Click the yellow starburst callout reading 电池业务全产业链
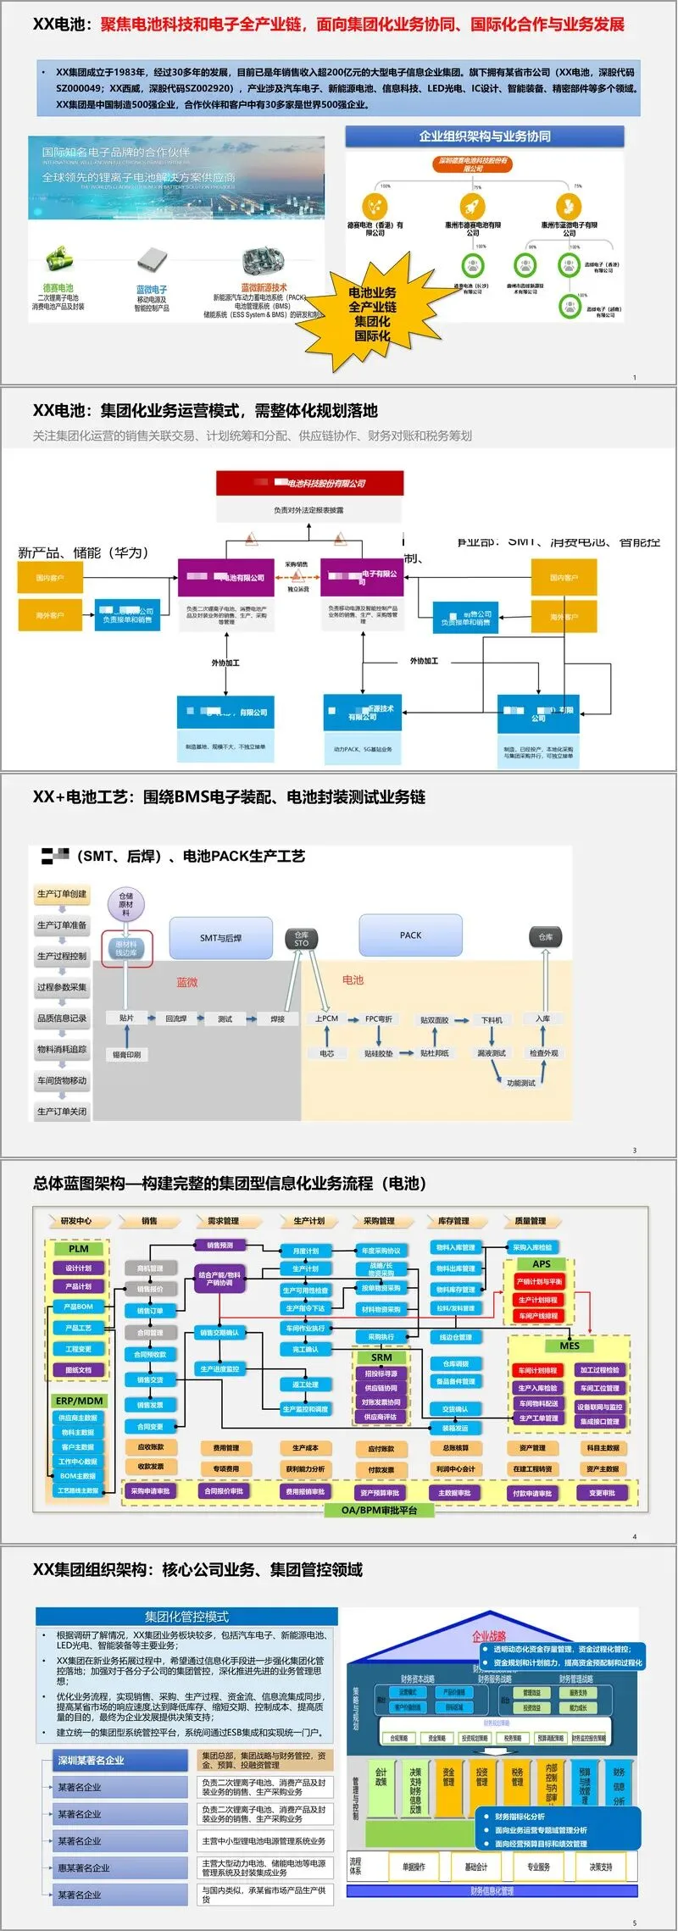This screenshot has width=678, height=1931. [372, 314]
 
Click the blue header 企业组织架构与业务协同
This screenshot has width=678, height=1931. [485, 136]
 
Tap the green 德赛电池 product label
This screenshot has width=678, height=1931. [58, 288]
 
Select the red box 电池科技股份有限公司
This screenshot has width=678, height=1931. [309, 483]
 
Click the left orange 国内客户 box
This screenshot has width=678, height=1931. [50, 578]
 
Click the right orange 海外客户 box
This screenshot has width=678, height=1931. [564, 616]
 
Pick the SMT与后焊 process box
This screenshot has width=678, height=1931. [220, 938]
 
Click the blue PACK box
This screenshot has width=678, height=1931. [410, 935]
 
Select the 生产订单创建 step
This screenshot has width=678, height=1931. [62, 894]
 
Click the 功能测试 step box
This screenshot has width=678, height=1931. [520, 1083]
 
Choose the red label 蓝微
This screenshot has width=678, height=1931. [187, 982]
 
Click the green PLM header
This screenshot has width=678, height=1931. [78, 1249]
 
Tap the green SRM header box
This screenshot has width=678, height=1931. [381, 1357]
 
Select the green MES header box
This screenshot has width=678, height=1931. [570, 1346]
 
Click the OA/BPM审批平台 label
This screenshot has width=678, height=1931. [379, 1510]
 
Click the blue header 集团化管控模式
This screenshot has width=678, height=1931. [186, 1617]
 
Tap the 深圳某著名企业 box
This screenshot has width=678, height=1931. [120, 1760]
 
